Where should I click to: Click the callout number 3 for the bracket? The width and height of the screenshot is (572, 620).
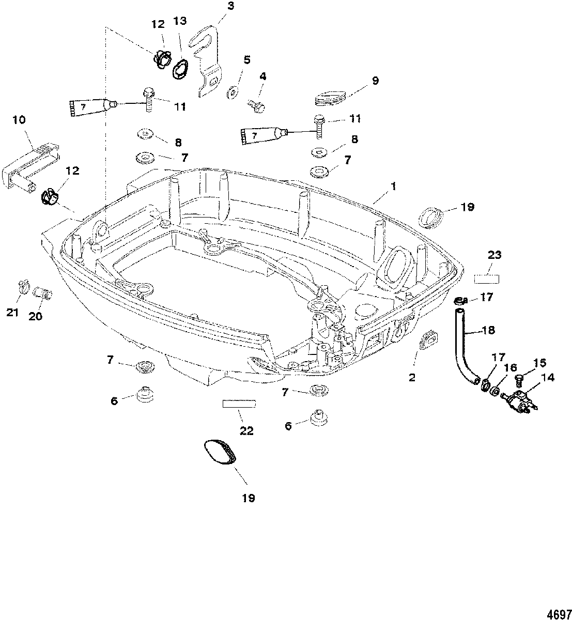click(x=231, y=6)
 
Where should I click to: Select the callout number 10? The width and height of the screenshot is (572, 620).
click(x=19, y=120)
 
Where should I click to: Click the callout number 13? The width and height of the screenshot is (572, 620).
click(x=180, y=21)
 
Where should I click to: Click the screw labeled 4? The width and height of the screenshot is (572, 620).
click(x=256, y=106)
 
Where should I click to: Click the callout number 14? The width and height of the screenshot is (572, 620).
click(x=548, y=378)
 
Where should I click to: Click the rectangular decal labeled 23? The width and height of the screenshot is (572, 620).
click(x=486, y=279)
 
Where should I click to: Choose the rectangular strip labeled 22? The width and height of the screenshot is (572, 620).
click(x=239, y=404)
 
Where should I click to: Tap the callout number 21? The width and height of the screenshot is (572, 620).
click(x=12, y=312)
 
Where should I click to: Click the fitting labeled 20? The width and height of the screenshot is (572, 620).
click(x=42, y=293)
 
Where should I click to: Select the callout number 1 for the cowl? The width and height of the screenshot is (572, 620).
click(x=394, y=186)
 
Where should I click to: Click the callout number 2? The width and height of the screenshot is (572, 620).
click(x=412, y=378)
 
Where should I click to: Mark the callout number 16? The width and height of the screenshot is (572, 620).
click(x=511, y=368)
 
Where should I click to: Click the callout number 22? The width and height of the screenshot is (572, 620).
click(x=246, y=431)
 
